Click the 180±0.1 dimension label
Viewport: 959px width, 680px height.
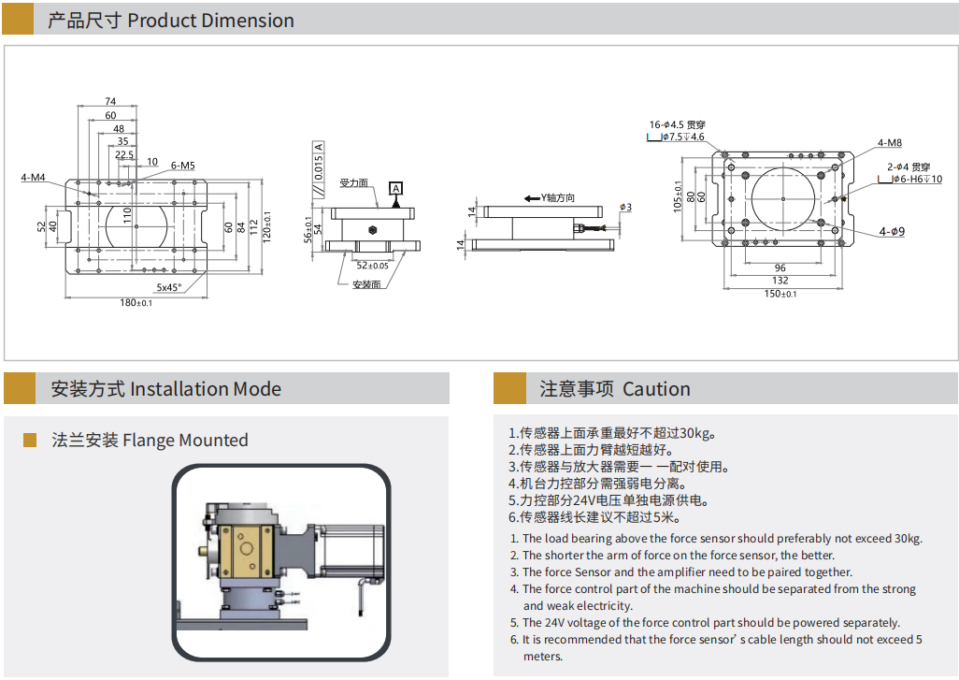point(136,302)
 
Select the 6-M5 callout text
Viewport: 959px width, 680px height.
point(183,166)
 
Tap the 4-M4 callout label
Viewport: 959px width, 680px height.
point(33,178)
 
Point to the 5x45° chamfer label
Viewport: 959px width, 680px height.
point(169,287)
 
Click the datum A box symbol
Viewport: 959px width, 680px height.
point(395,189)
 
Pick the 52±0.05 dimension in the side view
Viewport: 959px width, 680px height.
point(372,266)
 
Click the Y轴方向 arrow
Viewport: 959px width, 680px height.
point(532,198)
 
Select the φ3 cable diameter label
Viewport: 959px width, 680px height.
point(625,207)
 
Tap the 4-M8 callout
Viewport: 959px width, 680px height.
point(889,142)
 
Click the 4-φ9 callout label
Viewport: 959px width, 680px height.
point(892,231)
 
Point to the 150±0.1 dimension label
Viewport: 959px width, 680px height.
point(780,294)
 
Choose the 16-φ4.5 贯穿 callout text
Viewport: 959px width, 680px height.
point(677,124)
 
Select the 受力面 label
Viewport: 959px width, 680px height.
point(354,183)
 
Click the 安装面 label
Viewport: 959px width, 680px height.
point(366,284)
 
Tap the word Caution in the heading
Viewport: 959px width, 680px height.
point(656,389)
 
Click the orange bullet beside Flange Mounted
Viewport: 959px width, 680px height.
point(29,440)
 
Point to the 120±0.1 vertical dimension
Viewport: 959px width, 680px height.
point(266,227)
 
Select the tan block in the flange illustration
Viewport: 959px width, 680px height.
point(246,551)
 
